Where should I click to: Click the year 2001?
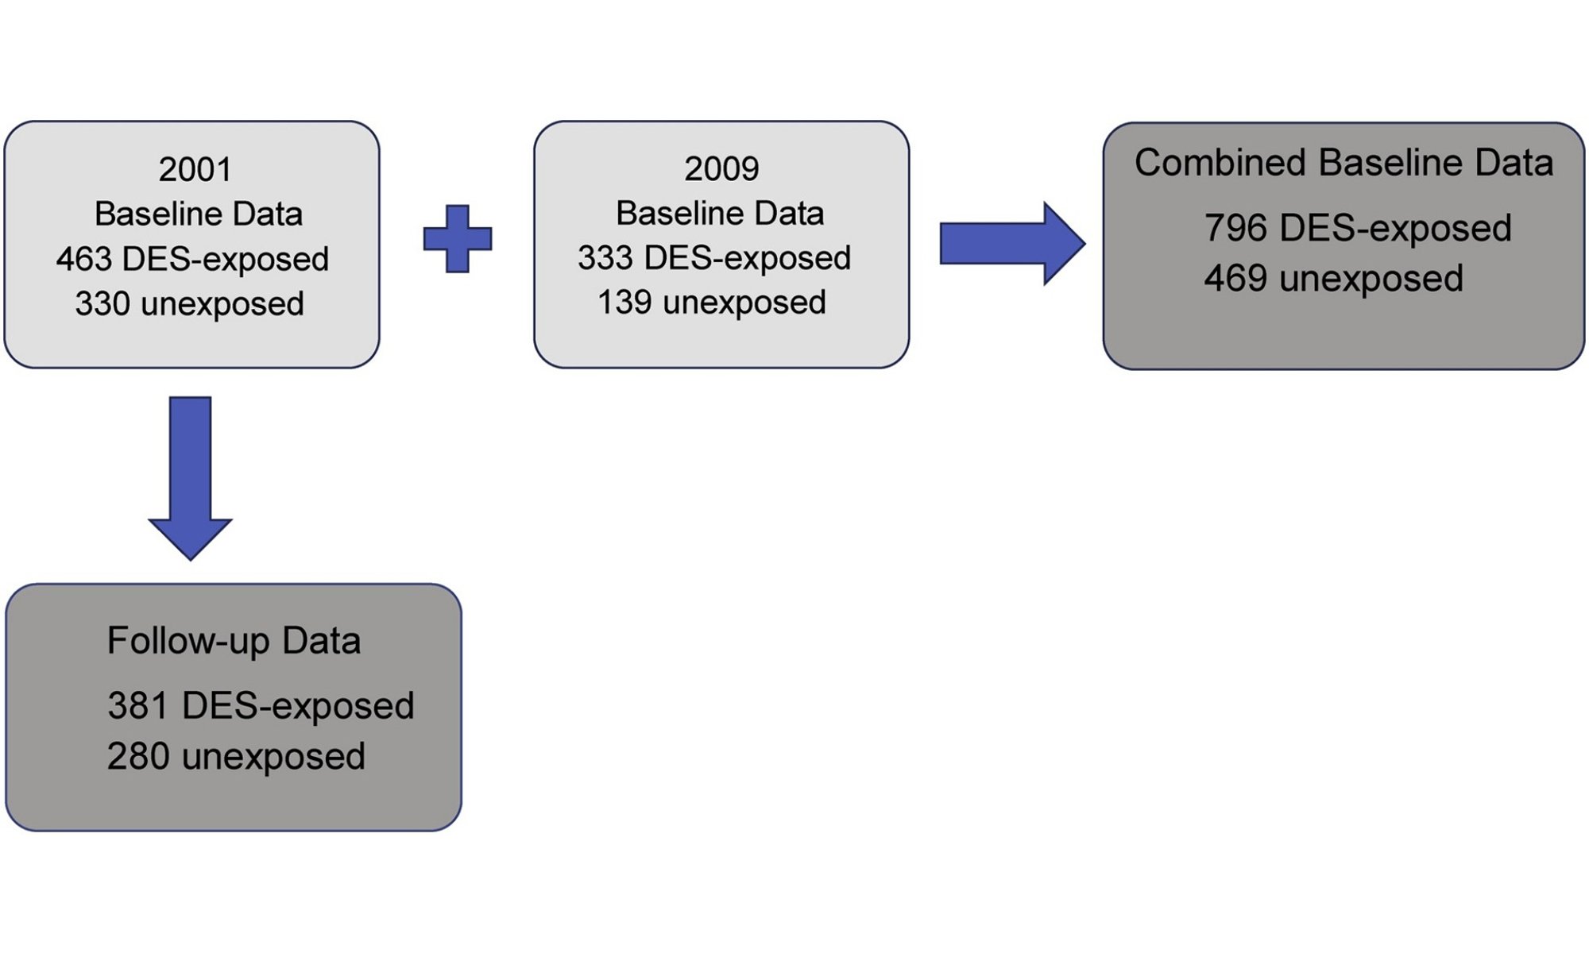pos(195,169)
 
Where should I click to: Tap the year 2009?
pos(721,168)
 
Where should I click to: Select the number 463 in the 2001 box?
pos(84,259)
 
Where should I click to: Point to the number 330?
pos(103,303)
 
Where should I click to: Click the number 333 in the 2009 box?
pos(605,257)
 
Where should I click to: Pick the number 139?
pos(625,302)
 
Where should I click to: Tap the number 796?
pos(1235,228)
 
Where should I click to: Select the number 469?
pos(1235,279)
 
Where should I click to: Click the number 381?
pos(139,705)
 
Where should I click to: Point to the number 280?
pos(139,756)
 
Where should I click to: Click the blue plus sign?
pos(458,239)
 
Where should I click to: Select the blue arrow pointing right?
pos(1012,243)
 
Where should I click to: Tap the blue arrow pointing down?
pos(191,478)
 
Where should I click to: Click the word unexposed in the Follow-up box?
pos(273,757)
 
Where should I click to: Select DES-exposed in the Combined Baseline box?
pos(1396,229)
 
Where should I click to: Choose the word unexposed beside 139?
pos(744,303)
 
